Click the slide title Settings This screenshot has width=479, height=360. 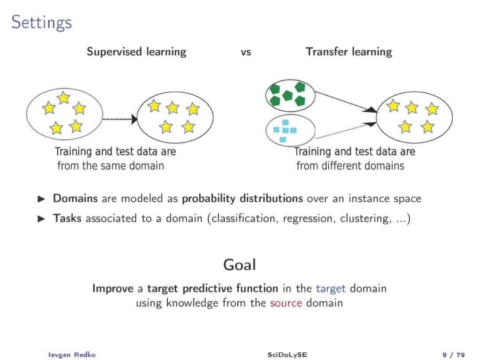41,22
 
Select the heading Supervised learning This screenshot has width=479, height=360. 137,52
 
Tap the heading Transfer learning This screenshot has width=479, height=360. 349,52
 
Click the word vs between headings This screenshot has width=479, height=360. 246,52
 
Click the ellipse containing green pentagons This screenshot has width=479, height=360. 290,94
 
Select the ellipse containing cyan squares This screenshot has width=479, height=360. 290,132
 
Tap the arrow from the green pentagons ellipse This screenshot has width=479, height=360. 346,102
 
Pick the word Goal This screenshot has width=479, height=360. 239,265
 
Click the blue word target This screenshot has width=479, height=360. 330,288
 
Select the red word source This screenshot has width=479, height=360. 286,303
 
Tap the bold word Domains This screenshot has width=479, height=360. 75,198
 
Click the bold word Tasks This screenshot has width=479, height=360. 67,218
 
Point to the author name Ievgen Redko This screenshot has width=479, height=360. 71,354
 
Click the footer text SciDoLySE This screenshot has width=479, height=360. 287,354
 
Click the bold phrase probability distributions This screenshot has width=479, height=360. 242,198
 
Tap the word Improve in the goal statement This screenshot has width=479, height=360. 113,288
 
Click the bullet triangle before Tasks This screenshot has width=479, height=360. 42,219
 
